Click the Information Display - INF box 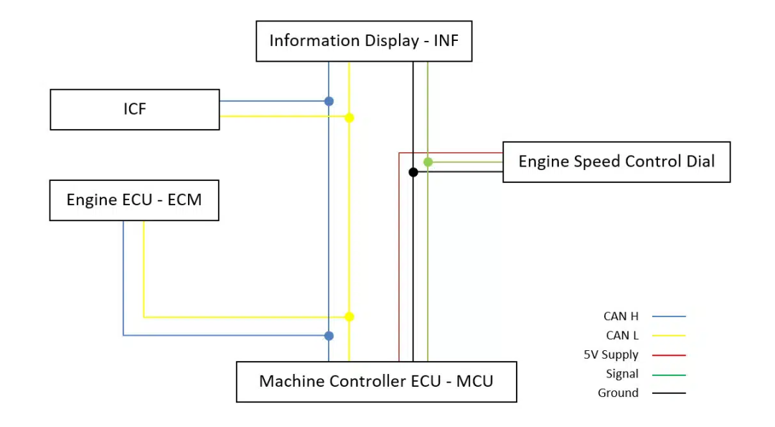364,41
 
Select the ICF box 134,109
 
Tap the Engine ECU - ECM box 133,200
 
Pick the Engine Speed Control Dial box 616,161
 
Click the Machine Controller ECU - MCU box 376,381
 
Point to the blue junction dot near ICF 329,101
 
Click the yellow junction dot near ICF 349,118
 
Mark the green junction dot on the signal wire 428,162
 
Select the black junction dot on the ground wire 413,172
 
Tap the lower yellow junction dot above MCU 349,316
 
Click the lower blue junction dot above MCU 329,336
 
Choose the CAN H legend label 621,316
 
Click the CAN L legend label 622,335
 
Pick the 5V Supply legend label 611,355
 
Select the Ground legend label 618,393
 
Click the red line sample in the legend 669,355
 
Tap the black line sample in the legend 669,393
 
